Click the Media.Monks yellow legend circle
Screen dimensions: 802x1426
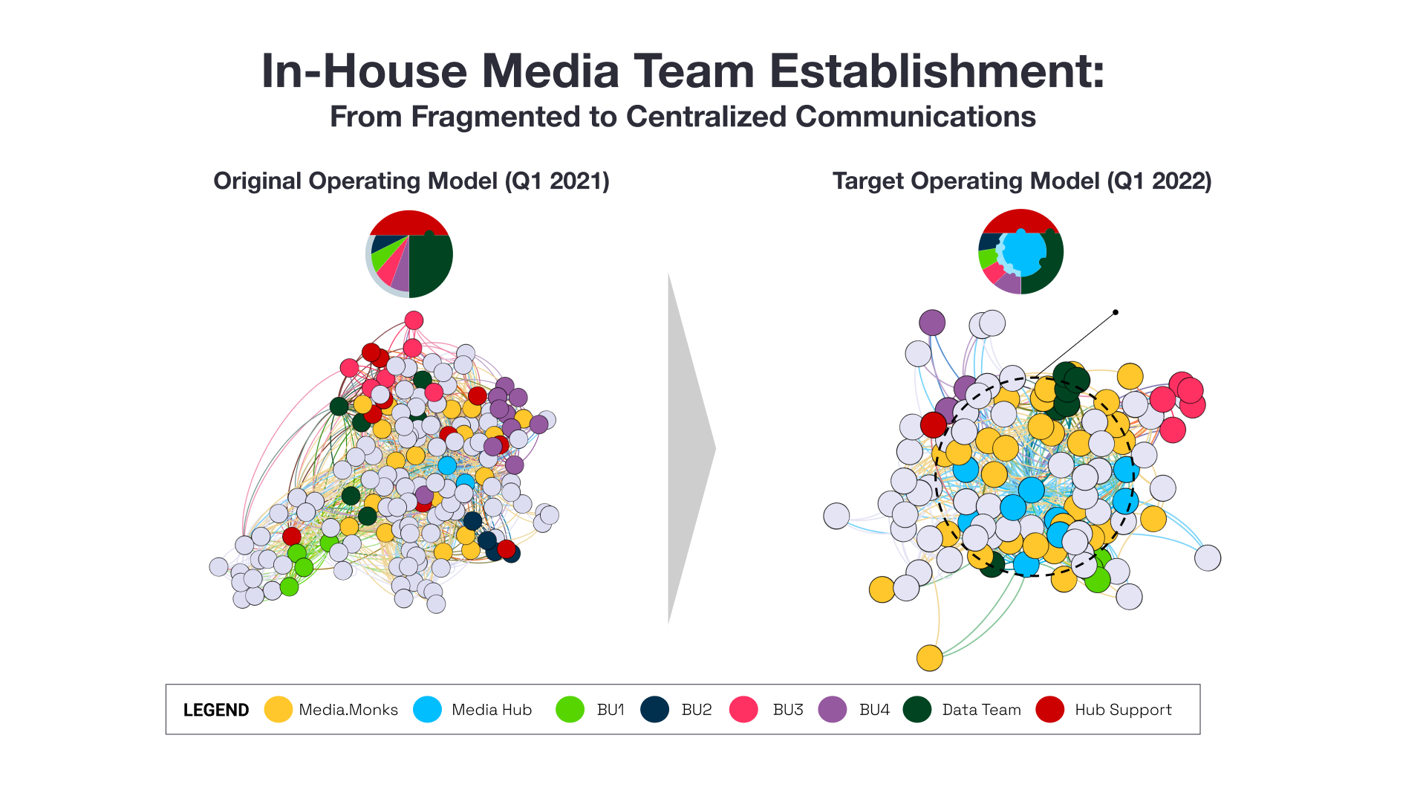coord(278,709)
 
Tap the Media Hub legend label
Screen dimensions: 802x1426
coord(491,710)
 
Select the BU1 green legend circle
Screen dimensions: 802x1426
coord(570,709)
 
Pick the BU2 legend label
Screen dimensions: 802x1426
coord(696,710)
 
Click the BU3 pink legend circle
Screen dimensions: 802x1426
coord(743,709)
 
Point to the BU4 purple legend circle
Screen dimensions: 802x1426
coord(833,709)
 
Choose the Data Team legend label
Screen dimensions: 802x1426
coord(981,710)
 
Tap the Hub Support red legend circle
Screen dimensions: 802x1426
coord(1050,709)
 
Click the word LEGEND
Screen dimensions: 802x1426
coord(216,710)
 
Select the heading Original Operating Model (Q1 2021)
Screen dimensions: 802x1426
coord(411,181)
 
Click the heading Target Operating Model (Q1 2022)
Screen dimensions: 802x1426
coord(1021,181)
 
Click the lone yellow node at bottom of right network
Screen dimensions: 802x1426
coord(929,657)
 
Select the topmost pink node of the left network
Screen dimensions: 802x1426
coord(414,320)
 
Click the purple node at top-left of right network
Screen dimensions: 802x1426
coord(931,323)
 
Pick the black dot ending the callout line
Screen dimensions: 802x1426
coord(1115,312)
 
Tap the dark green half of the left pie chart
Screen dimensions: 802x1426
coord(431,265)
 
